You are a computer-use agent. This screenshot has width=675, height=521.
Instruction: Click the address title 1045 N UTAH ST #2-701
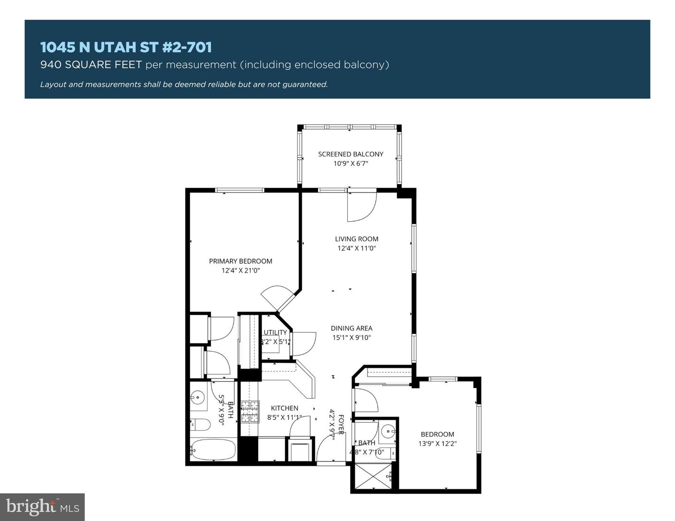tap(126, 47)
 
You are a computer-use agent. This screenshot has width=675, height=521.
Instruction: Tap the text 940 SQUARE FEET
tap(91, 65)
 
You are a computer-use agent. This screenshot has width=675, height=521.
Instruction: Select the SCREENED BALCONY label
tap(351, 154)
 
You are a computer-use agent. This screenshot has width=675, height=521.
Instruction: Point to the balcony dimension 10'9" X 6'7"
tap(351, 164)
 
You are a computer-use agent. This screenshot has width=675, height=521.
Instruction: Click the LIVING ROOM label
tap(356, 238)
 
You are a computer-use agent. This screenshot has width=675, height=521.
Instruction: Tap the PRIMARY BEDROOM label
tap(240, 261)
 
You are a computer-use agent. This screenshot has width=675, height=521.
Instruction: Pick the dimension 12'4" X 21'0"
tap(240, 270)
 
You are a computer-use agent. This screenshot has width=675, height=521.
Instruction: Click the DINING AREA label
tap(352, 328)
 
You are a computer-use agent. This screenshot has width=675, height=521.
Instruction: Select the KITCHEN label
tap(285, 408)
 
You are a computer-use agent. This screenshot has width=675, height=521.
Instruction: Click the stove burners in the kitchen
tap(250, 412)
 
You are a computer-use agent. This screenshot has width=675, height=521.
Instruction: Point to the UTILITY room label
tap(275, 332)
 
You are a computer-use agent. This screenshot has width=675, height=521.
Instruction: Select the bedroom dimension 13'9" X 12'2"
tap(437, 443)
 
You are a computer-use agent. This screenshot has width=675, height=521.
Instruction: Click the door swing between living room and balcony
tap(361, 206)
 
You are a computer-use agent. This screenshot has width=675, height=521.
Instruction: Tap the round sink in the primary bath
tap(198, 398)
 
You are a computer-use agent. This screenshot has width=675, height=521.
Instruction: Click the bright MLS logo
tap(42, 507)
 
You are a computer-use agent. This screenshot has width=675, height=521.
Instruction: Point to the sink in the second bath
tap(387, 431)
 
